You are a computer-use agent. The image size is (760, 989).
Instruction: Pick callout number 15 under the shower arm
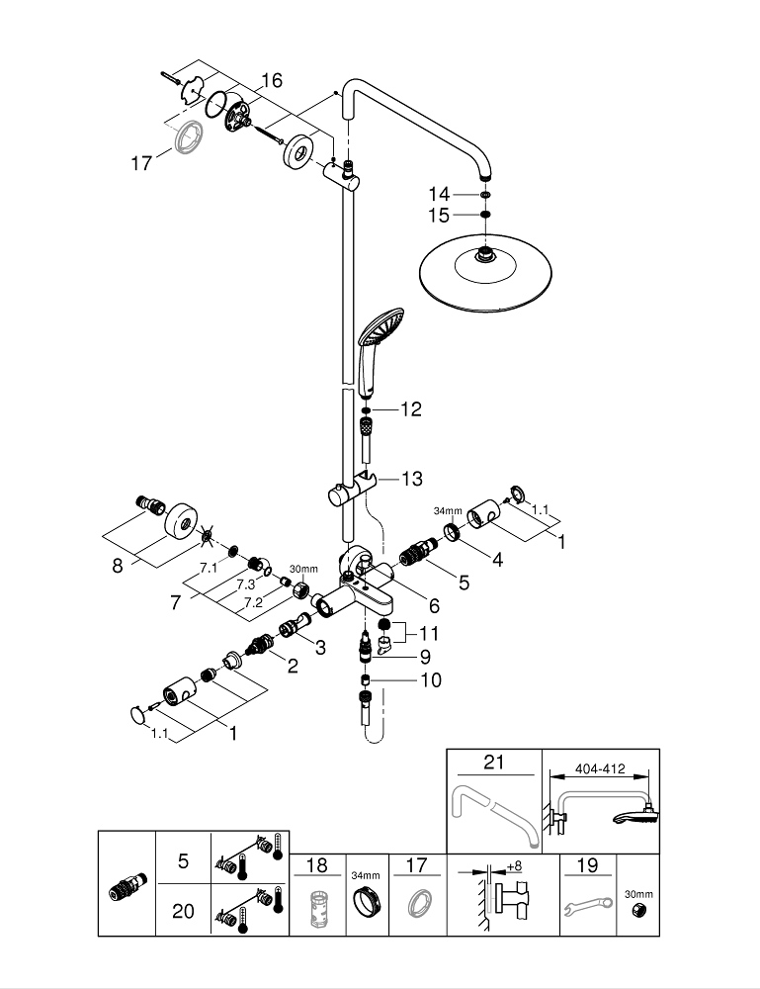(439, 215)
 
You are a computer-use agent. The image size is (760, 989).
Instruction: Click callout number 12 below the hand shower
(411, 408)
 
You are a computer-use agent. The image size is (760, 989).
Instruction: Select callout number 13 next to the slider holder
(411, 479)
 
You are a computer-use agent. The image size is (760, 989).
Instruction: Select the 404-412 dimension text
(598, 765)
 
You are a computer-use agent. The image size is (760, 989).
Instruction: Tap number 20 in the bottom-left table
(183, 911)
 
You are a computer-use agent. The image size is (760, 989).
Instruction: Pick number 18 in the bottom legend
(316, 865)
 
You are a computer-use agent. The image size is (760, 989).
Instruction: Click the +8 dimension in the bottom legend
(514, 867)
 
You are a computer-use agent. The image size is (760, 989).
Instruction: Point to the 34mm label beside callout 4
(448, 511)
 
